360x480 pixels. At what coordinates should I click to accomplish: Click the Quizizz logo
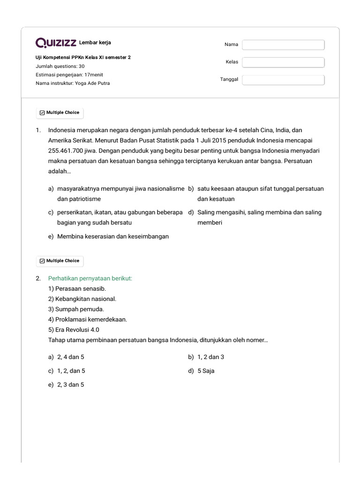(56, 43)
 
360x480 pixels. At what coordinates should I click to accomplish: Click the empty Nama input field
(283, 45)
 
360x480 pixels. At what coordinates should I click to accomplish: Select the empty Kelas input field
(283, 62)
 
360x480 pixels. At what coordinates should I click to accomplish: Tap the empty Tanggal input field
(283, 80)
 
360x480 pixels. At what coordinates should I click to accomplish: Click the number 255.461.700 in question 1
(67, 151)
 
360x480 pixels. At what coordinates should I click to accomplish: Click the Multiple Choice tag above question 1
(60, 112)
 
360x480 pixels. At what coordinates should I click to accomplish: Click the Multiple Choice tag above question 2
(60, 261)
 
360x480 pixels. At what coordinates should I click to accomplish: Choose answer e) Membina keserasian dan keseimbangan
(112, 236)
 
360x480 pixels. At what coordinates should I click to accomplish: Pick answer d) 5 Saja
(206, 371)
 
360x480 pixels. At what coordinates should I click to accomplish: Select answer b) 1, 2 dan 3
(210, 357)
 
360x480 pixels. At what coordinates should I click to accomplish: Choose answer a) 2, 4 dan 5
(70, 357)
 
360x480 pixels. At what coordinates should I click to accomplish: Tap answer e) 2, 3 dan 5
(70, 385)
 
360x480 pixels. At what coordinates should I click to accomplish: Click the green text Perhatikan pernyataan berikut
(90, 278)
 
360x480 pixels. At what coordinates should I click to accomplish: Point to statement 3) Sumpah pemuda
(76, 309)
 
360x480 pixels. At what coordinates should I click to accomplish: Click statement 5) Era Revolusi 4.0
(74, 330)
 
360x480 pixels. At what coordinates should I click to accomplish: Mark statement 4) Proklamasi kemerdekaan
(88, 319)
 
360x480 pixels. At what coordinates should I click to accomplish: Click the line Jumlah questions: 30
(60, 66)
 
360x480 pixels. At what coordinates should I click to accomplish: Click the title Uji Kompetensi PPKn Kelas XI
(83, 58)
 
